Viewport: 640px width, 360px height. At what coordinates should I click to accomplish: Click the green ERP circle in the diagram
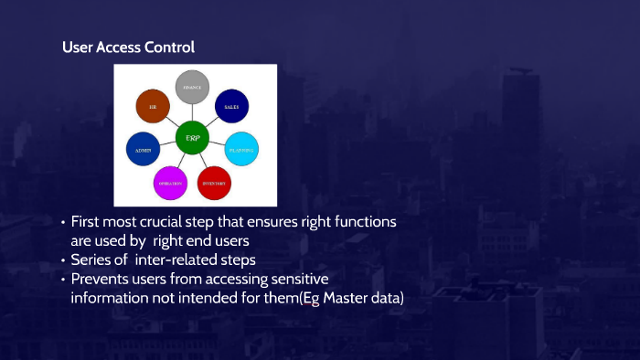(x=193, y=137)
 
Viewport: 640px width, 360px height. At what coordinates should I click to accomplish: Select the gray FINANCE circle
(x=193, y=88)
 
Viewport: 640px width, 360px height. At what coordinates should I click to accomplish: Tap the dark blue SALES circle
(x=231, y=106)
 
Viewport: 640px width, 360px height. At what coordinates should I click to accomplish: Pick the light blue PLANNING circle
(x=242, y=150)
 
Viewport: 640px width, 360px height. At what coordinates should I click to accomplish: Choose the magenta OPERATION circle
(x=170, y=184)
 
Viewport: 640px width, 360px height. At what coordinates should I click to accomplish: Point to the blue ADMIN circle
(x=144, y=149)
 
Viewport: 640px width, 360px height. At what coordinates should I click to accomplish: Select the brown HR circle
(x=153, y=106)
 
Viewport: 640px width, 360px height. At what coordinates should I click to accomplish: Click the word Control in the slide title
(x=167, y=47)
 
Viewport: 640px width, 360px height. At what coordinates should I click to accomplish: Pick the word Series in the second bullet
(x=91, y=260)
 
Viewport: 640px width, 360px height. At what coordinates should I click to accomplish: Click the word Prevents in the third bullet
(x=101, y=279)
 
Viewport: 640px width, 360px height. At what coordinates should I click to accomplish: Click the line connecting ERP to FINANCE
(x=193, y=112)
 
